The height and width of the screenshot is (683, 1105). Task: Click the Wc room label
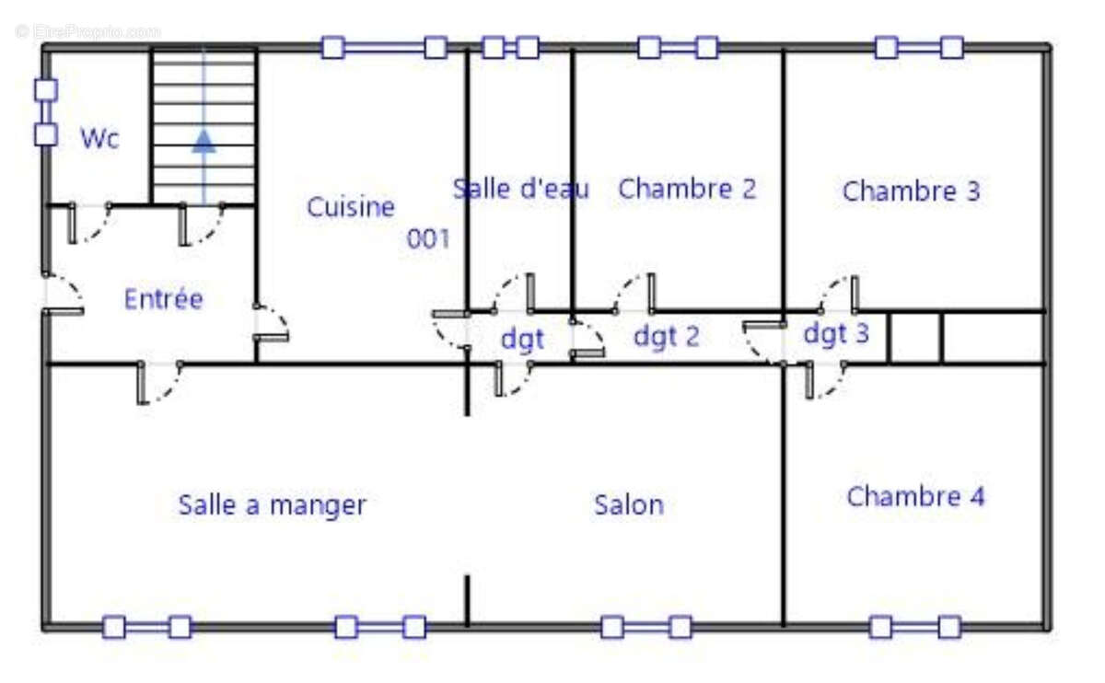point(99,138)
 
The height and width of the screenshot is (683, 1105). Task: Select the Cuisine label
point(351,206)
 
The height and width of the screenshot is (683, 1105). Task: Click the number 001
point(428,239)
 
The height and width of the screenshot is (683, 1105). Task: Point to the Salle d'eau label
point(521,189)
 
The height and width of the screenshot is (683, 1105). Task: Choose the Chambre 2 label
point(687,189)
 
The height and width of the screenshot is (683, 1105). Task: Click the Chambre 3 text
point(911,191)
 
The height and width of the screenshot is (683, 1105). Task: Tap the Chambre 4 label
point(915,496)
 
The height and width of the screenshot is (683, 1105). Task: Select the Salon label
point(629,505)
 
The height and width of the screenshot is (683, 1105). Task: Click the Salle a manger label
point(273,505)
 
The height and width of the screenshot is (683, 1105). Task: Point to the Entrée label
point(163,299)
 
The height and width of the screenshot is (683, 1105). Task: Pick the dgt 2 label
point(667,336)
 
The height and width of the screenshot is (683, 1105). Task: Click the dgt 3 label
point(836,333)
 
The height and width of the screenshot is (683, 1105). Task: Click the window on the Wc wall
point(46,112)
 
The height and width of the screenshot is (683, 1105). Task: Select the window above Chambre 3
point(920,48)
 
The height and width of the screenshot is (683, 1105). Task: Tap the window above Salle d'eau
point(510,48)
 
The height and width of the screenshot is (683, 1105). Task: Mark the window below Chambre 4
point(915,627)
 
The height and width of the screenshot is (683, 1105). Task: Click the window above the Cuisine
point(384,48)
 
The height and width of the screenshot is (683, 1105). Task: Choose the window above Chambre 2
point(678,48)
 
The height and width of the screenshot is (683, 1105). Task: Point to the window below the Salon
point(646,627)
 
